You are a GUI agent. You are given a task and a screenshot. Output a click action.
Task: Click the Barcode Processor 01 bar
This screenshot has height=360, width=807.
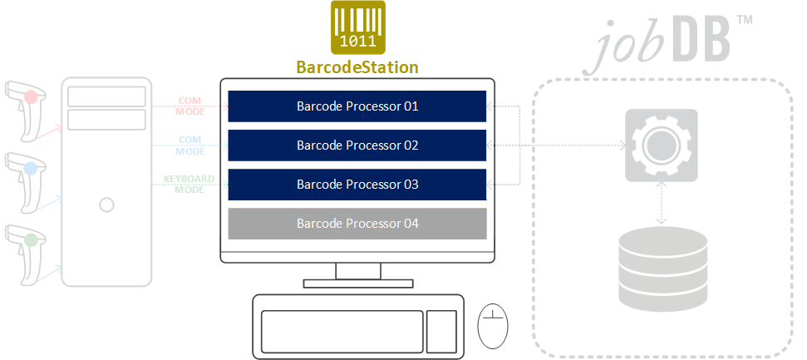tap(357, 106)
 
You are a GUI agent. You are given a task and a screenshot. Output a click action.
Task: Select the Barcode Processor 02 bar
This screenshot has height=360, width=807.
tap(357, 145)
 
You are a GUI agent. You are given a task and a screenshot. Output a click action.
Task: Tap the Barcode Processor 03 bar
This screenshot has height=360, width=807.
tap(357, 185)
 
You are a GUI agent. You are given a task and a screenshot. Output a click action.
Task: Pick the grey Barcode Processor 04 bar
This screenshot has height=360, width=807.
tap(357, 224)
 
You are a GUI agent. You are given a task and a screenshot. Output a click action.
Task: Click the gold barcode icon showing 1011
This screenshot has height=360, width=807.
tap(357, 27)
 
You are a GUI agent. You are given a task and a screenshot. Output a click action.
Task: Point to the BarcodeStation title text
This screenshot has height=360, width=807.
tap(357, 67)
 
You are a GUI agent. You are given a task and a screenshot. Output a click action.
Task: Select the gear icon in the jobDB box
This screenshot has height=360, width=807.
tap(662, 145)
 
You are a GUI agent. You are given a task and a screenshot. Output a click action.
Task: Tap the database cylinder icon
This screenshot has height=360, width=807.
tap(663, 269)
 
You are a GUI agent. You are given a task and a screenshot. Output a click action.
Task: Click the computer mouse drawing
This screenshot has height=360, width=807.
tap(493, 326)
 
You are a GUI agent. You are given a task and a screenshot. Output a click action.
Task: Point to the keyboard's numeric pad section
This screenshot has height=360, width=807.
tap(441, 331)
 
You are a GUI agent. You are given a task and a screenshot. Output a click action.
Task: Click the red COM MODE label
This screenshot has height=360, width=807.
tap(190, 106)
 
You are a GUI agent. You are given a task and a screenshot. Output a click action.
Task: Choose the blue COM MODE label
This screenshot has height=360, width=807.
tap(190, 145)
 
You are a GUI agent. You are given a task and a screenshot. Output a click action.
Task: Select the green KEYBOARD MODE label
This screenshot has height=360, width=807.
tap(189, 185)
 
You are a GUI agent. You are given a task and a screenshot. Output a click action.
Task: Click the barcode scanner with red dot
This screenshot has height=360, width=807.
tap(26, 110)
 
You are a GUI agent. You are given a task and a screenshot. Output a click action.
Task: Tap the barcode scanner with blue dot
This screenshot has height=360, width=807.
tap(26, 182)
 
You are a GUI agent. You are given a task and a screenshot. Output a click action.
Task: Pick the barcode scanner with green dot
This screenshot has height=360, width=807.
tap(26, 254)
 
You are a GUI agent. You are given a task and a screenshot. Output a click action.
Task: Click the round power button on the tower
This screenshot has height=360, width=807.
tap(106, 205)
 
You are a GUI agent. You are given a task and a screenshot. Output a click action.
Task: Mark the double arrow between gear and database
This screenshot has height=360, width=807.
tap(662, 204)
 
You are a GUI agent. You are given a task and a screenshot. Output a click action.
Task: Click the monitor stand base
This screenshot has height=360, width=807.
tap(358, 284)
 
